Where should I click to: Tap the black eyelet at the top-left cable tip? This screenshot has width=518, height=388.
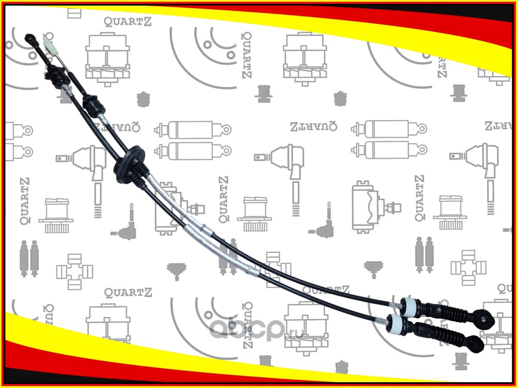pyautogui.click(x=31, y=38)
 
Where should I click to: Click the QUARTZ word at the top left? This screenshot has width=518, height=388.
pyautogui.click(x=128, y=21)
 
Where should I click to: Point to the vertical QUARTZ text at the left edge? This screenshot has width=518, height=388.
pyautogui.click(x=24, y=202)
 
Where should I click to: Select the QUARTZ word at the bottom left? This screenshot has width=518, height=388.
pyautogui.click(x=128, y=293)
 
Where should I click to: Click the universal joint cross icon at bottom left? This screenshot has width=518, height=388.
pyautogui.click(x=74, y=270)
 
